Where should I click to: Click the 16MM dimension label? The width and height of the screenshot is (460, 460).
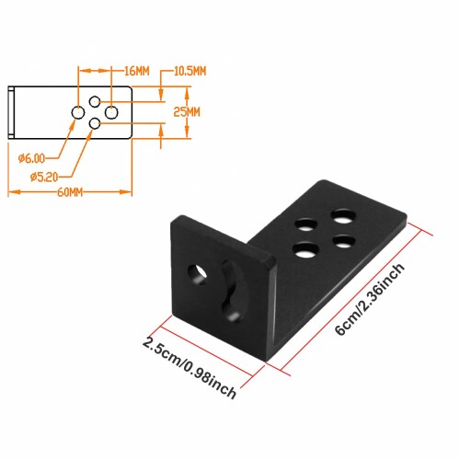point(137,71)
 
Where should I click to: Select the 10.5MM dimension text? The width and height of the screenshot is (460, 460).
point(190,71)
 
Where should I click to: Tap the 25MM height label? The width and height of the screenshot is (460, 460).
point(187,112)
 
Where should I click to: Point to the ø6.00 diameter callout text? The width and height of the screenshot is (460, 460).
point(31,158)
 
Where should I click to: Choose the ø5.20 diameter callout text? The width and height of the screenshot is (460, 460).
point(44,177)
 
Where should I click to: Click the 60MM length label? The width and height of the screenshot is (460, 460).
point(70,192)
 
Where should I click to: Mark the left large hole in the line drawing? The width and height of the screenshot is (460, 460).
point(78,112)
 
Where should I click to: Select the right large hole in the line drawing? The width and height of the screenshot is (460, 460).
point(111,112)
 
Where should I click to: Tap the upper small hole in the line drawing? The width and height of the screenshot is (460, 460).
point(95,101)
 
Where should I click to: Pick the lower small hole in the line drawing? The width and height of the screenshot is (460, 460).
point(95,123)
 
